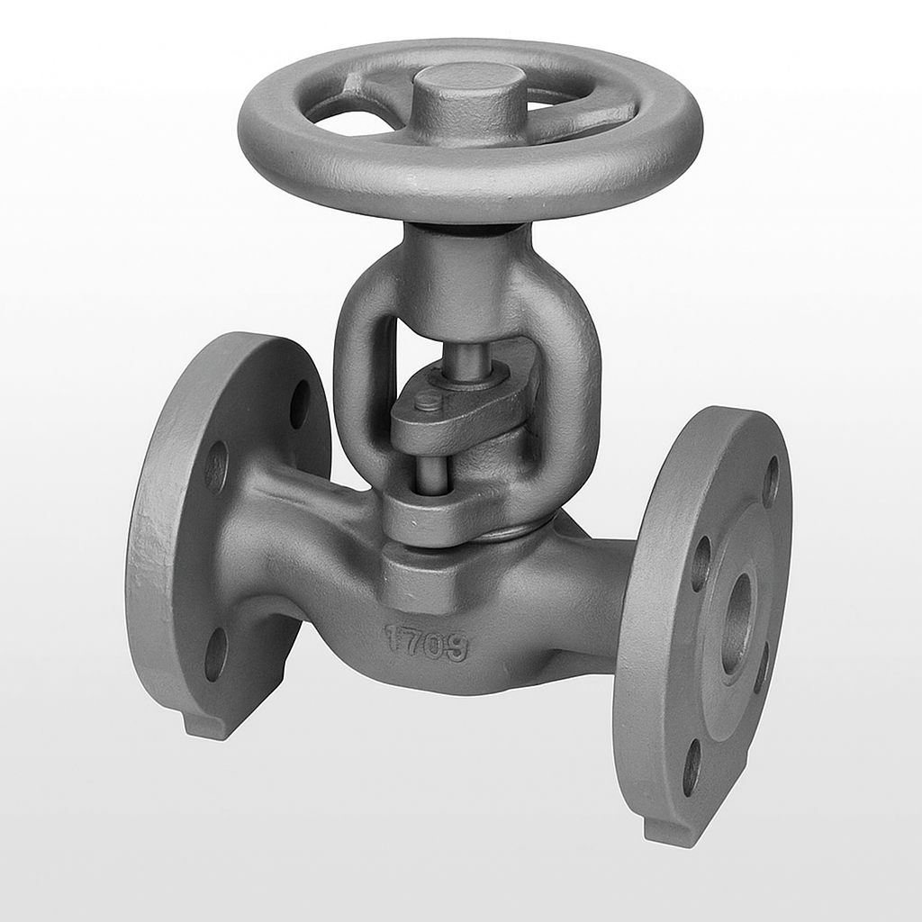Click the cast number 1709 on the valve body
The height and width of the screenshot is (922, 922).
pos(427,642)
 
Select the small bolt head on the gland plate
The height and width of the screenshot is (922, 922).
pos(429,402)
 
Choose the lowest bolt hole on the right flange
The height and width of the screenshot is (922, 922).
pos(691,766)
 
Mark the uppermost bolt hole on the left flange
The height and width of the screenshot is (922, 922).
pos(300,404)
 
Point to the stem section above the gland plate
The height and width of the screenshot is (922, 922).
pos(468,361)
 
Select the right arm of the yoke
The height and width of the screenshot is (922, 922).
pos(573,387)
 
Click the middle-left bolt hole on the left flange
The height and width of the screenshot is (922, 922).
pos(216,467)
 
